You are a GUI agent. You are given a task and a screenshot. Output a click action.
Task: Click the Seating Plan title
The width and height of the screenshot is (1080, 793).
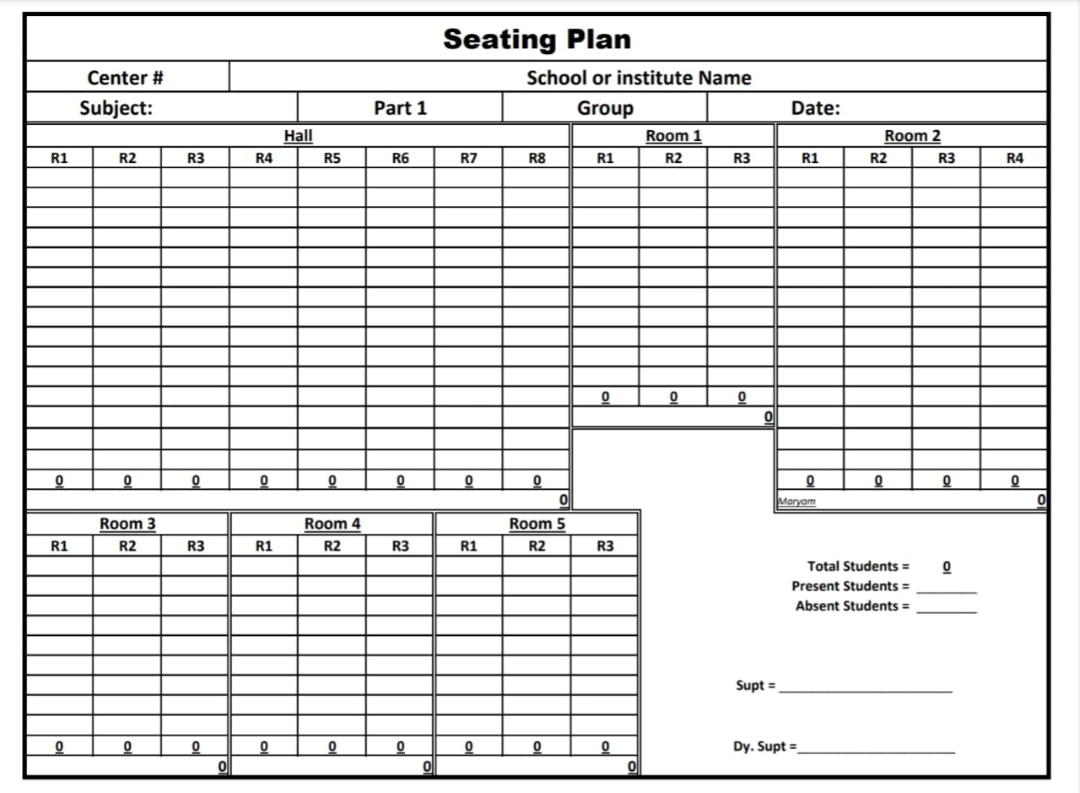537,39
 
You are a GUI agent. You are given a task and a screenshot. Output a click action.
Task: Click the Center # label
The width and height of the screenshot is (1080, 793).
125,78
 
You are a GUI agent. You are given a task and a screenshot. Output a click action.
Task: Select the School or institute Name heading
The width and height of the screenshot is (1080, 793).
639,78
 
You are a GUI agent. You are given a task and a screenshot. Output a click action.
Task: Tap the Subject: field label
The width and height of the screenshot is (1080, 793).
116,108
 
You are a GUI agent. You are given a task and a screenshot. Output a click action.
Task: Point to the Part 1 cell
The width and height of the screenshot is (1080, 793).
400,108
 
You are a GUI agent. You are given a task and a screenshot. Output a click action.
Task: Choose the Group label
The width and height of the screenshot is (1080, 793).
605,108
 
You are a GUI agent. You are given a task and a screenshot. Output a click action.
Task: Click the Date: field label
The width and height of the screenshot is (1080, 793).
815,108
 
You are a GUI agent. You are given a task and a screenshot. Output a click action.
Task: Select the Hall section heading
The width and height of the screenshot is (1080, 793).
298,135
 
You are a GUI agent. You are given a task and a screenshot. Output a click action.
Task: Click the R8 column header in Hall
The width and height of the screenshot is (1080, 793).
537,157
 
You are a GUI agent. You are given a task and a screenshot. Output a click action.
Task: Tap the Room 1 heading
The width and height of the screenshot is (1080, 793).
673,135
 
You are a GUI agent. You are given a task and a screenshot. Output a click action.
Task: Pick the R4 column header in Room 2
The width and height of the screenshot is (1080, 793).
1015,157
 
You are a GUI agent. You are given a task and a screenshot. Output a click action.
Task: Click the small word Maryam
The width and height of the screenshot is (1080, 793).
796,502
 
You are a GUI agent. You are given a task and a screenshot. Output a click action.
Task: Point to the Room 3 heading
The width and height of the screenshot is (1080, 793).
127,524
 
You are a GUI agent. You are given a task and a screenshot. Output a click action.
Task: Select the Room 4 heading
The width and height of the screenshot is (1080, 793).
332,524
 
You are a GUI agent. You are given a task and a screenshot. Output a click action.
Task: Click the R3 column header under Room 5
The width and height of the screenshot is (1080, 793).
605,546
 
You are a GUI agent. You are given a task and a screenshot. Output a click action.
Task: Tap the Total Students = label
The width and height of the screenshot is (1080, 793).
858,566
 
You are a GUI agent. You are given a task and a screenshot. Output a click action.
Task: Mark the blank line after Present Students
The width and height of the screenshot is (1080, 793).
947,590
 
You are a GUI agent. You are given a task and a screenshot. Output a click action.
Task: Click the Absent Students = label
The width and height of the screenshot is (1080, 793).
852,606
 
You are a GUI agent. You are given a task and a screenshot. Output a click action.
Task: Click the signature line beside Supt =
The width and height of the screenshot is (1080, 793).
866,691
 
